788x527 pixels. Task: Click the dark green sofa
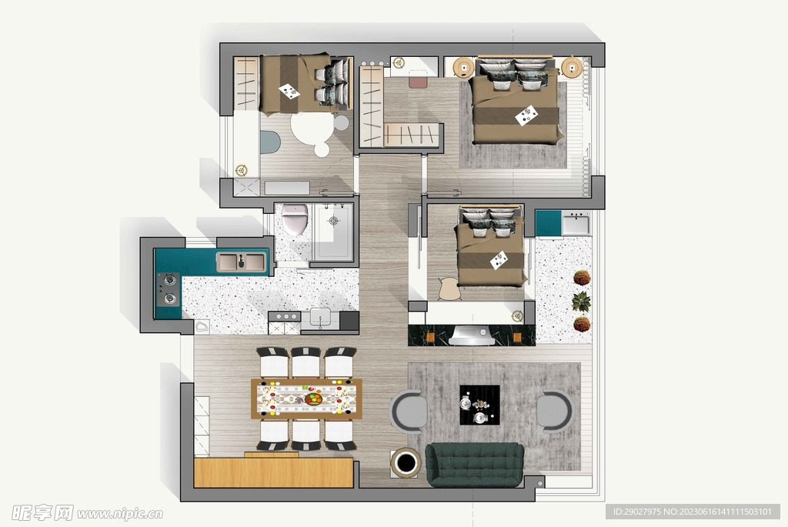[x=474, y=465]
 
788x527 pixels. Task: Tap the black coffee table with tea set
[x=479, y=405]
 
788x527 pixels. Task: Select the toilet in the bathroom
[x=295, y=219]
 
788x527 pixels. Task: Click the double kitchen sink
[x=241, y=262]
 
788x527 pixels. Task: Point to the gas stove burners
[x=169, y=289]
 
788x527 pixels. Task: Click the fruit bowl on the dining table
[x=313, y=399]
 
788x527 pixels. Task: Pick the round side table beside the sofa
[x=406, y=462]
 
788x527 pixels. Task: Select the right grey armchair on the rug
[x=554, y=411]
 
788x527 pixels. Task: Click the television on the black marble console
[x=471, y=335]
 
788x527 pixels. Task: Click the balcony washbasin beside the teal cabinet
[x=576, y=223]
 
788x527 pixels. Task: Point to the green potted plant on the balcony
[x=582, y=302]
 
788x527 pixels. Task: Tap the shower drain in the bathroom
[x=334, y=221]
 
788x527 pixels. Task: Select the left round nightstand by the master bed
[x=463, y=68]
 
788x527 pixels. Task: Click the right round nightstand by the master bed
[x=572, y=68]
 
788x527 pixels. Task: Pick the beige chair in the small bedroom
[x=449, y=289]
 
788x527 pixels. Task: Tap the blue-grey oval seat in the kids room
[x=269, y=142]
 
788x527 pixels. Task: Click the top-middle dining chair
[x=306, y=362]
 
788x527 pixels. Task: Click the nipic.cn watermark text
[x=120, y=513]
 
